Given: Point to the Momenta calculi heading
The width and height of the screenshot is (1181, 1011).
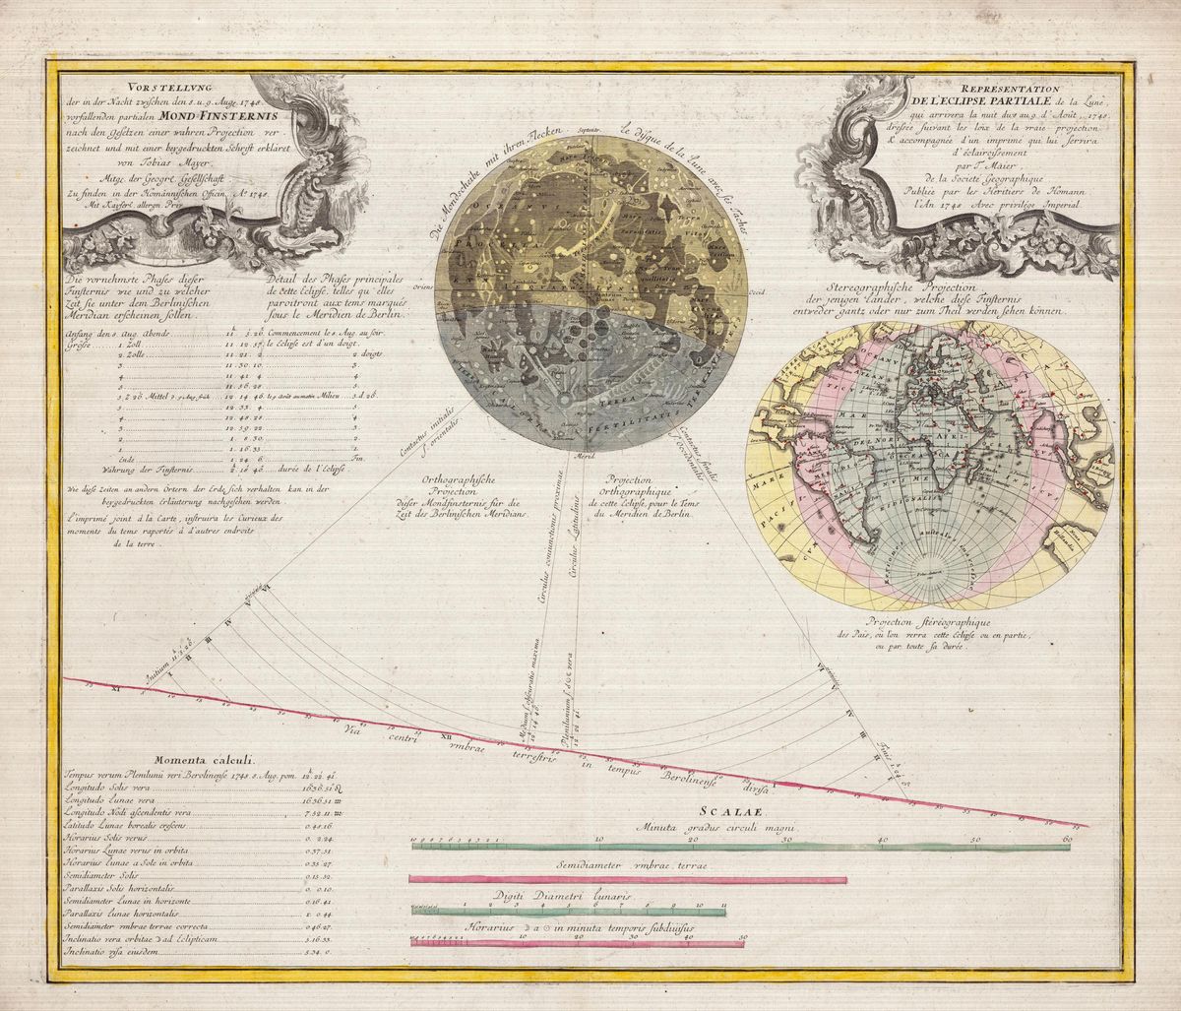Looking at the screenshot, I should (204, 760).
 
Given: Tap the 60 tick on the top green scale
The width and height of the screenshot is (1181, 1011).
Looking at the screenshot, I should (1068, 839).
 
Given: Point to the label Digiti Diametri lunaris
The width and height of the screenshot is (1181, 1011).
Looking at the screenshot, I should (565, 897).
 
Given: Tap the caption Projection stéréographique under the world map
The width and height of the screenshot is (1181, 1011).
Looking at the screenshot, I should (931, 623).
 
